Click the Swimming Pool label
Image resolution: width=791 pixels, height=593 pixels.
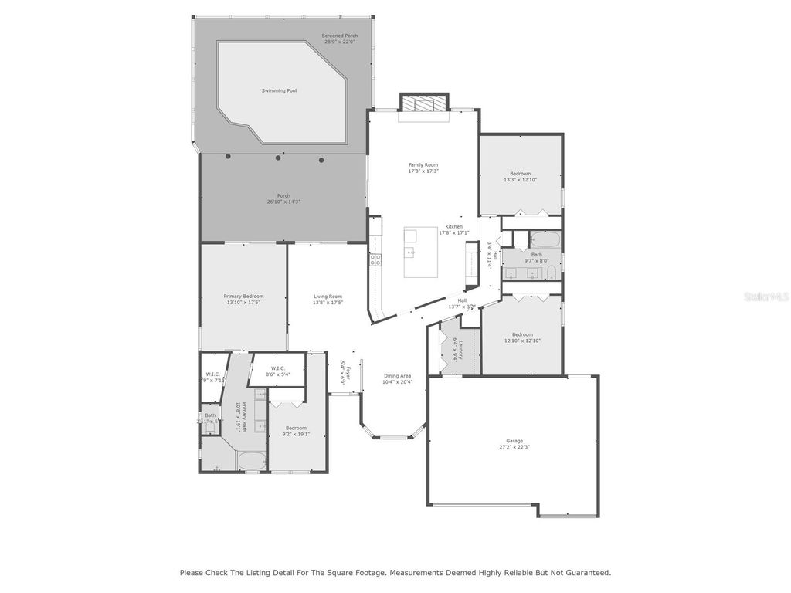tap(279, 91)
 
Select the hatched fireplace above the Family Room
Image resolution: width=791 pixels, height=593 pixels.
tap(423, 104)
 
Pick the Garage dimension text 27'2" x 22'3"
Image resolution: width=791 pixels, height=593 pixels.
tap(514, 446)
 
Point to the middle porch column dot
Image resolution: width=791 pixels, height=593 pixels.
tap(278, 158)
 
